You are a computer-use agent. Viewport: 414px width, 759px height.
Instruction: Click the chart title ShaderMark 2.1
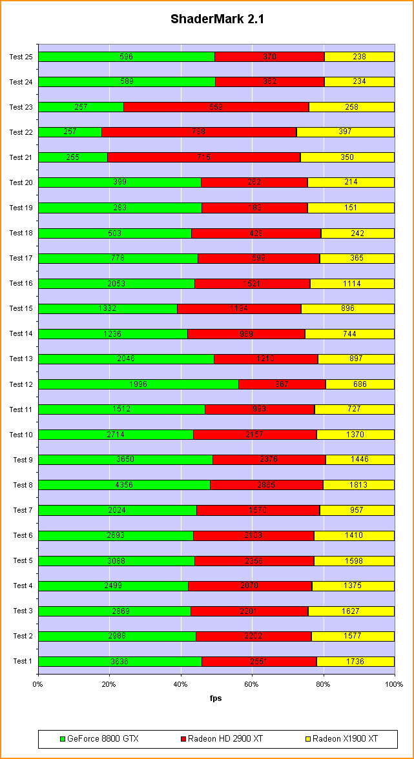(217, 19)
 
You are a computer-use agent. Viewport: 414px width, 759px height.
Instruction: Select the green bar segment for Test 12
(138, 384)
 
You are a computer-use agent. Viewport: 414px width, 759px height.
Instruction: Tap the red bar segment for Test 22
(199, 132)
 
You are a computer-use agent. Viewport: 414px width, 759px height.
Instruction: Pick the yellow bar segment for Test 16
(352, 284)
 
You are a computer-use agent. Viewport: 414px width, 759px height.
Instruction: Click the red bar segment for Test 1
(259, 662)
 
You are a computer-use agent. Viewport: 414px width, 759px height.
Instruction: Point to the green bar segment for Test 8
(124, 485)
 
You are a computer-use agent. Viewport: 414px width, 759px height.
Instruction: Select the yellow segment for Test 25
(359, 57)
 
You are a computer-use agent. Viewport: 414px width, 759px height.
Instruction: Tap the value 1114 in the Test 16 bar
(353, 284)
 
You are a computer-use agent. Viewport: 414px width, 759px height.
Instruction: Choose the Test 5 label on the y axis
(23, 560)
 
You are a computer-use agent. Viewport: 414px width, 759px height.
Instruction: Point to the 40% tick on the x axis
(181, 684)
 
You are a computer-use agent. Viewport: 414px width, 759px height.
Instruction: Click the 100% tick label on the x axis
(394, 684)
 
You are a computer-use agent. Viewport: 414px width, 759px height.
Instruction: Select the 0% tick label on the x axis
(38, 684)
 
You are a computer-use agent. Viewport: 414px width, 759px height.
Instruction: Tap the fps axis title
(216, 698)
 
